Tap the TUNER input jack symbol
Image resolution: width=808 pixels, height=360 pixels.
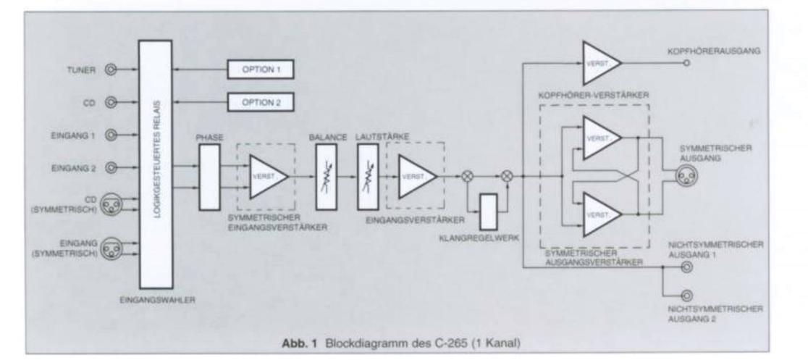[111, 70]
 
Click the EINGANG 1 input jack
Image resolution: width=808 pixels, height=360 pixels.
[111, 135]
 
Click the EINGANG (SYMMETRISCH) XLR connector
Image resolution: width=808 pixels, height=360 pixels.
[112, 248]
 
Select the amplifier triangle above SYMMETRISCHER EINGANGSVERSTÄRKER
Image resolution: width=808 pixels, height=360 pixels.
[266, 176]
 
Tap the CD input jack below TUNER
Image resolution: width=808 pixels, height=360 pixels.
[111, 103]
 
